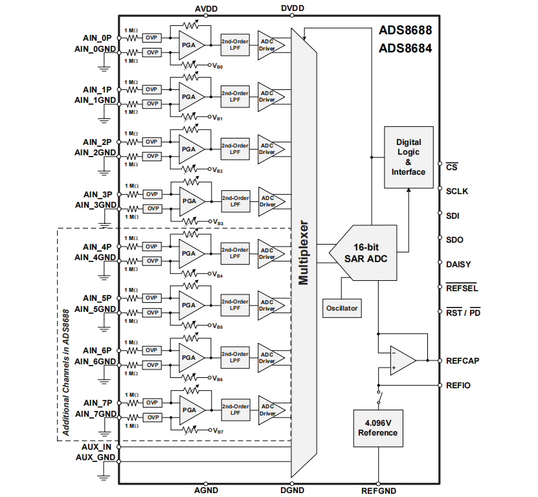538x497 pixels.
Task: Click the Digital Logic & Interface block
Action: tap(408, 157)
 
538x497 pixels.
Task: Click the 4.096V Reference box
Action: tap(377, 428)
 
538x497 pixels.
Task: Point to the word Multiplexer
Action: tap(303, 253)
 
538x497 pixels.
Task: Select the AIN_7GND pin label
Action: tap(95, 414)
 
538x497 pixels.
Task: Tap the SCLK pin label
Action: tap(457, 192)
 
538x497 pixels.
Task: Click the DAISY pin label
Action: tap(458, 264)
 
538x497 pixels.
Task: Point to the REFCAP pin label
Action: tap(462, 360)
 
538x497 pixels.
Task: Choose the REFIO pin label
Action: tap(458, 385)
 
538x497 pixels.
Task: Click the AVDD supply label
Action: tap(206, 8)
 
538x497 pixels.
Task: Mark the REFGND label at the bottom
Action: tap(378, 491)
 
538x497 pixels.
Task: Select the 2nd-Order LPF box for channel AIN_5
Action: tap(234, 305)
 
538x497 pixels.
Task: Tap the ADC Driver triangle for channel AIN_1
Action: tap(269, 96)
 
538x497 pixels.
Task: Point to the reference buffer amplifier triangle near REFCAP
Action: tap(401, 360)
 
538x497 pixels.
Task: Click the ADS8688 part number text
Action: tap(405, 30)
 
